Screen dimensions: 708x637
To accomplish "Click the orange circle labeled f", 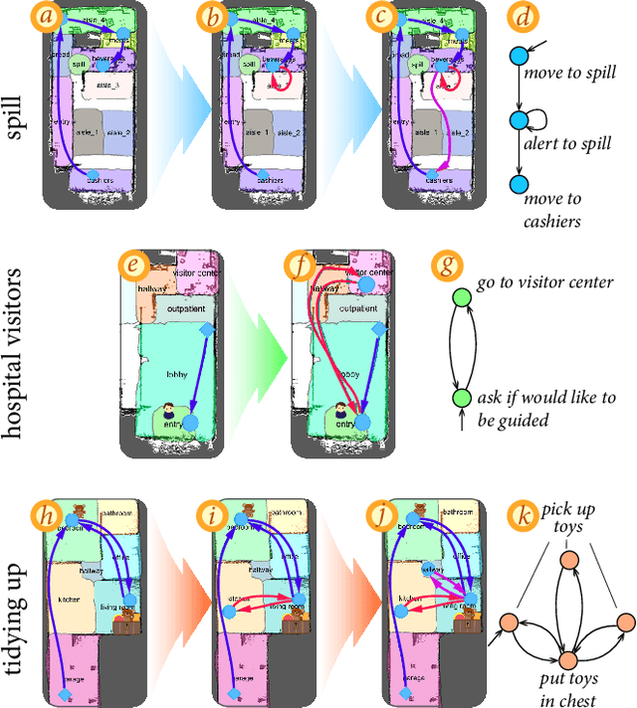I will tap(297, 265).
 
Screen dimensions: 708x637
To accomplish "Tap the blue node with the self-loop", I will tap(518, 120).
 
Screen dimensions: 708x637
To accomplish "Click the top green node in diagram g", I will tap(461, 297).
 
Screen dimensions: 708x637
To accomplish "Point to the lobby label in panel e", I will tap(166, 376).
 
